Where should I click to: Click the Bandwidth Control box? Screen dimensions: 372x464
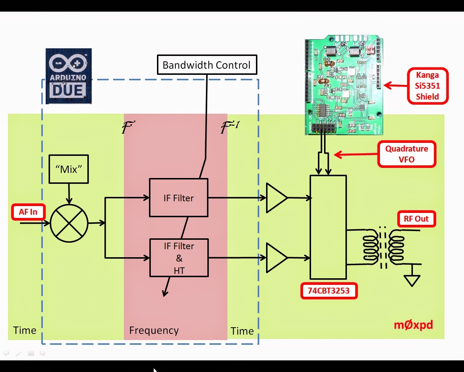(207, 65)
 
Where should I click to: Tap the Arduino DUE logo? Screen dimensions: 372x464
(69, 76)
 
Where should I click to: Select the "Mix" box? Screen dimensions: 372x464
(69, 169)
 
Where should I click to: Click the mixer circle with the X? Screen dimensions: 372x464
(69, 223)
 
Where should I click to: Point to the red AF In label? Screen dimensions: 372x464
(28, 212)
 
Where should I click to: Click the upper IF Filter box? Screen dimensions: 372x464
(179, 198)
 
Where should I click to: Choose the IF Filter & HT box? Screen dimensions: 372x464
(179, 258)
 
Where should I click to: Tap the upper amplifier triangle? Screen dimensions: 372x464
(275, 198)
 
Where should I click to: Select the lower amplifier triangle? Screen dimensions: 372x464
(275, 258)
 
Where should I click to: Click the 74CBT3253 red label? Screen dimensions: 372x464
(329, 291)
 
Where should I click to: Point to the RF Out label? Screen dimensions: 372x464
(416, 219)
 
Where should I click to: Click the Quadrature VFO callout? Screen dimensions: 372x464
(406, 154)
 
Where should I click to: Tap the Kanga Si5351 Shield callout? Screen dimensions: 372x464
(427, 86)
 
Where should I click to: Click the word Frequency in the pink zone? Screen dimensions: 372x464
(154, 330)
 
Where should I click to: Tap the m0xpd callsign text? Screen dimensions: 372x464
(413, 324)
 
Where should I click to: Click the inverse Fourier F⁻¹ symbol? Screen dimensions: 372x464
(229, 127)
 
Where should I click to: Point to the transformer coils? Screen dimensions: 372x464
(384, 247)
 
